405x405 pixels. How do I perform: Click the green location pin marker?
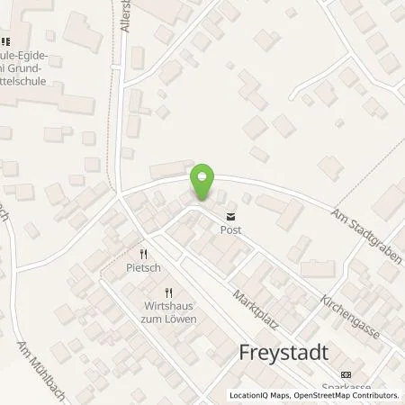(203, 183)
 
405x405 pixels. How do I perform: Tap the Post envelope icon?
(231, 216)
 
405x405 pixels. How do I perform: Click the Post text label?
(231, 229)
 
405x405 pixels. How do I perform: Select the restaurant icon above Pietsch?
(142, 255)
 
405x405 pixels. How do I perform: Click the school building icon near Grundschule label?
(5, 40)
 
